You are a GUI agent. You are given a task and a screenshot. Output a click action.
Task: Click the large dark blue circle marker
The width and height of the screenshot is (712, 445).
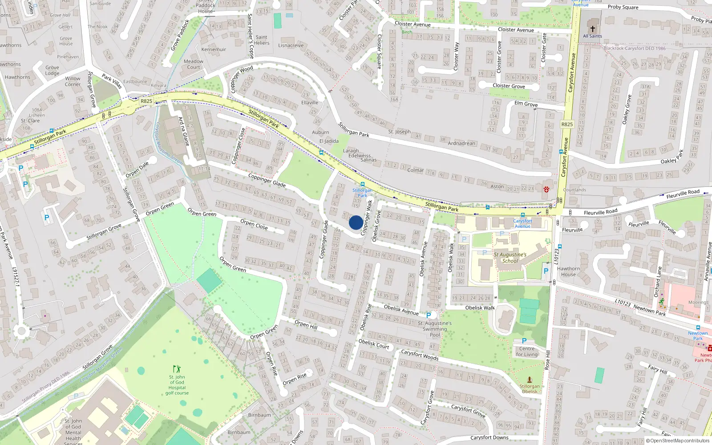[x=356, y=222]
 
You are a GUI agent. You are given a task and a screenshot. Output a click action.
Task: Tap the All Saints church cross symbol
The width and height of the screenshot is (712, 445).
[x=592, y=28]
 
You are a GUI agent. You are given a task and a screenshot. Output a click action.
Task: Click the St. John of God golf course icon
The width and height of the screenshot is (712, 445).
[x=177, y=369]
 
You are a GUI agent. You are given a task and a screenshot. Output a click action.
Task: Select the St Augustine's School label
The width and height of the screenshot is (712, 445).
[x=510, y=258]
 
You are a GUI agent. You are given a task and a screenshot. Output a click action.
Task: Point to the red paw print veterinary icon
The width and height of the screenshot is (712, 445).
[x=546, y=189]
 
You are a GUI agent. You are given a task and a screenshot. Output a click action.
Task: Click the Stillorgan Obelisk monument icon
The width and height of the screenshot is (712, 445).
[x=530, y=380]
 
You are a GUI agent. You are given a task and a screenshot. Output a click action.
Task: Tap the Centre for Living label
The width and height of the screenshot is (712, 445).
[x=526, y=352]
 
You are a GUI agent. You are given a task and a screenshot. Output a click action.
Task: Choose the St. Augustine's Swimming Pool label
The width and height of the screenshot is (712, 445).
[x=435, y=329]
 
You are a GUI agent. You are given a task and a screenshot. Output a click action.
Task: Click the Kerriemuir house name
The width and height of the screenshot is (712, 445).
[x=214, y=49]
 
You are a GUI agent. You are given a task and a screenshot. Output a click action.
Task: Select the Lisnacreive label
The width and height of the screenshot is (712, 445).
[x=291, y=45]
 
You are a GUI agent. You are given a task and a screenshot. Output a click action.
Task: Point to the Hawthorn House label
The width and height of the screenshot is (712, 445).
[x=568, y=271]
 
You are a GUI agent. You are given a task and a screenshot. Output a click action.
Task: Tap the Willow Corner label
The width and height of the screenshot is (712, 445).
[x=73, y=81]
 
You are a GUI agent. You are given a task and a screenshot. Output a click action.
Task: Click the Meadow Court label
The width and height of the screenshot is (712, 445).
[x=194, y=65]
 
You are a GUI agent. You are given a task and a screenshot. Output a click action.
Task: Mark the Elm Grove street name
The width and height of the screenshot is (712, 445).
[x=526, y=104]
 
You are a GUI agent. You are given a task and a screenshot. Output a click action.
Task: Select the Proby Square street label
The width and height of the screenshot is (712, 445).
[x=623, y=7]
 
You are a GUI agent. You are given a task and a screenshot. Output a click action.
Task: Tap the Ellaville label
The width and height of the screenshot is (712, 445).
[x=310, y=102]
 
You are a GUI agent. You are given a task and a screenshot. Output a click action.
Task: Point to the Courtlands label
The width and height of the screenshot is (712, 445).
[x=574, y=190]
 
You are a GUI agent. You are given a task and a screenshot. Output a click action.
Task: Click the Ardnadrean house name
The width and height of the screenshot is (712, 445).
[x=461, y=143]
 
